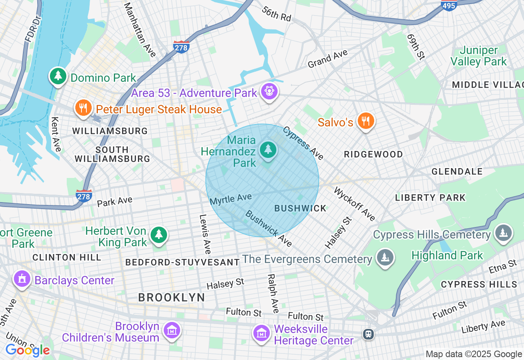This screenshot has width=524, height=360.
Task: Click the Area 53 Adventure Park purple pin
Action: click(269, 92)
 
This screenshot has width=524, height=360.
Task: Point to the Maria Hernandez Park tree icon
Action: click(268, 149)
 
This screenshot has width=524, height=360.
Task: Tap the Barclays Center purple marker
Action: click(22, 279)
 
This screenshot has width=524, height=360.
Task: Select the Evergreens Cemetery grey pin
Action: click(385, 258)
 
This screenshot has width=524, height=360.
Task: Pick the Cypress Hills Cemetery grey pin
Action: click(504, 233)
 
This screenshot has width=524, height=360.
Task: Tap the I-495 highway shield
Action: click(449, 5)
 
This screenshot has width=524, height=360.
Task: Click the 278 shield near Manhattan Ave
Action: click(181, 46)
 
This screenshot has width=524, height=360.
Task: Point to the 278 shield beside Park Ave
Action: click(84, 196)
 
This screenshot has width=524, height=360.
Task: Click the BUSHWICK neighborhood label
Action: click(300, 208)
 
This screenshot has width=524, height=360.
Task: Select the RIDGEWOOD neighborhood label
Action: click(373, 154)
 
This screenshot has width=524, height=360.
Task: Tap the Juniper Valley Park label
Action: click(479, 56)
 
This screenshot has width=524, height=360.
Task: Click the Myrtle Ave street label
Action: click(230, 199)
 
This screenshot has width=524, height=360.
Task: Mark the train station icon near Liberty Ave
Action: click(368, 334)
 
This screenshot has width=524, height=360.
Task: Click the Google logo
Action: click(27, 350)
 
